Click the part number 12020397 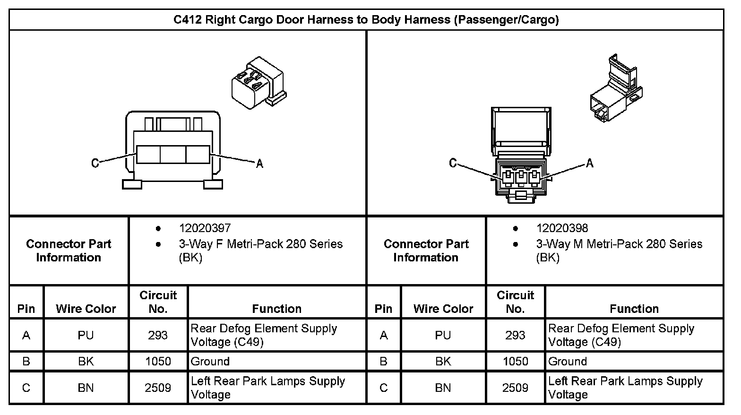(205, 228)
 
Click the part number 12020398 (562, 228)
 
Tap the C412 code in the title (188, 20)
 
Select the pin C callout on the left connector (95, 163)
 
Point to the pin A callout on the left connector (259, 164)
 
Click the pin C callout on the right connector (453, 163)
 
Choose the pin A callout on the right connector (589, 164)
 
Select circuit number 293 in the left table (158, 335)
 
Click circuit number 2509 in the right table (515, 388)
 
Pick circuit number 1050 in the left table (158, 362)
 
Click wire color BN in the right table (443, 388)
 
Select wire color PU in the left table (86, 335)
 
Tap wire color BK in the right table (443, 362)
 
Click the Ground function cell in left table (210, 362)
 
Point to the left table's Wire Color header (86, 309)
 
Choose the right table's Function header (634, 309)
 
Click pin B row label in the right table (383, 362)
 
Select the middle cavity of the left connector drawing (173, 155)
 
